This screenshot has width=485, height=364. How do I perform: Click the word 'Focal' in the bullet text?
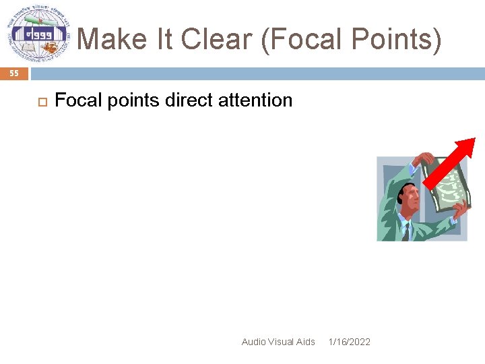click(75, 100)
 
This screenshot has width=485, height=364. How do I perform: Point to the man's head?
click(408, 195)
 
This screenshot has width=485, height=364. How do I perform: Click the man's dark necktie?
click(406, 230)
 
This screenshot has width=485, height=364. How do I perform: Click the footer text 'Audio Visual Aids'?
click(278, 342)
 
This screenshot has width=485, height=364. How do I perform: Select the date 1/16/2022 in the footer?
click(349, 342)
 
